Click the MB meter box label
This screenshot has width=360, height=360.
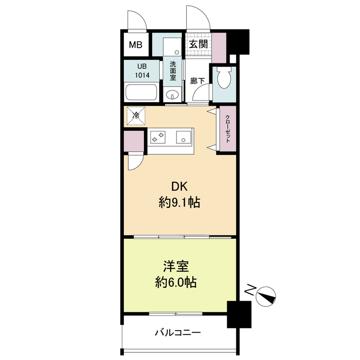(x=135, y=45)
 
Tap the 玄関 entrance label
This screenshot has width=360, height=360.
(x=198, y=44)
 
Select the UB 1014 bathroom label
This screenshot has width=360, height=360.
(x=142, y=71)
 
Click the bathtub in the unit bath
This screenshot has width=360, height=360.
(x=141, y=92)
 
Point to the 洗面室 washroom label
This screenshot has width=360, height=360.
(x=173, y=71)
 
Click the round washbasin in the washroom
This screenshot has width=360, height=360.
(x=171, y=94)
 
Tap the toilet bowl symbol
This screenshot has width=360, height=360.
(x=224, y=78)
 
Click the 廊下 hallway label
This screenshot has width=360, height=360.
(x=198, y=81)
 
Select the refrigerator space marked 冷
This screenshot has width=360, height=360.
(x=136, y=116)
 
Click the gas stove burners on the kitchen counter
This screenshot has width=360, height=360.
(x=158, y=137)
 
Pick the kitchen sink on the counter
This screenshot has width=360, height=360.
(x=184, y=137)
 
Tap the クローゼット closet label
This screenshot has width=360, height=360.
(x=228, y=129)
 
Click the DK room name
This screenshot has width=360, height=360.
(x=180, y=186)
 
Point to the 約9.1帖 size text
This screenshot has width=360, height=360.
(x=180, y=202)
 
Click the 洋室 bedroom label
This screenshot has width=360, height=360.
(x=176, y=266)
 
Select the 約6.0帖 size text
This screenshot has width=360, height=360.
(x=176, y=282)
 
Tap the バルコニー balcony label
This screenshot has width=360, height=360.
(x=178, y=333)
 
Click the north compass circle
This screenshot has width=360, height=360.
(x=265, y=297)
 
